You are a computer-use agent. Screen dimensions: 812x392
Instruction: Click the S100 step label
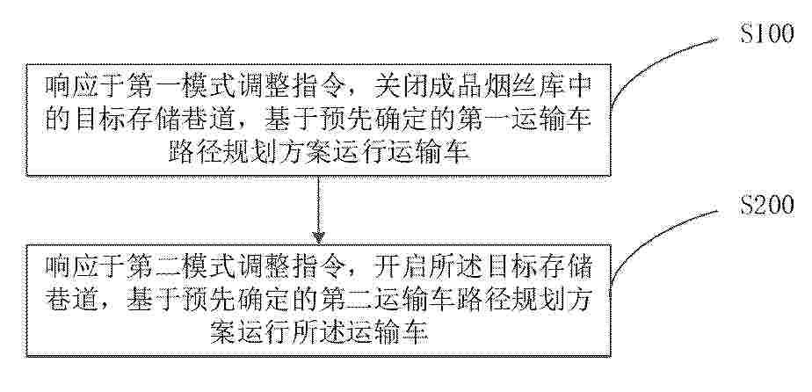[766, 34]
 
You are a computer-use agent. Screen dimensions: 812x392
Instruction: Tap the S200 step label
[766, 205]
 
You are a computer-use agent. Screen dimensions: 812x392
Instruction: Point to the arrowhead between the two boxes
[318, 237]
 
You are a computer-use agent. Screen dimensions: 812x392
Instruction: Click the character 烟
[497, 86]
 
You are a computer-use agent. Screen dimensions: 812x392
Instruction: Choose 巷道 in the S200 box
[72, 302]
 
